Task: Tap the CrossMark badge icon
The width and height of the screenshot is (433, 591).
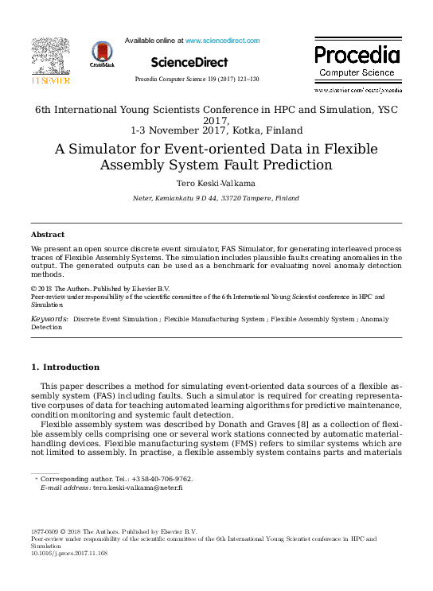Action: (x=103, y=55)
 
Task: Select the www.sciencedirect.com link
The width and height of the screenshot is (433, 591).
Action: (x=222, y=40)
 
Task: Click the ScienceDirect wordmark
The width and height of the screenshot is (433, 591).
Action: (x=189, y=62)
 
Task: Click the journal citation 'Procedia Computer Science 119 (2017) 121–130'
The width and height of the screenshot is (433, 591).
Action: (x=196, y=80)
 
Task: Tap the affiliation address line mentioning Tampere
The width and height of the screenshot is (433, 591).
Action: (x=216, y=197)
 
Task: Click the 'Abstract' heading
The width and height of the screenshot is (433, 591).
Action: (x=47, y=235)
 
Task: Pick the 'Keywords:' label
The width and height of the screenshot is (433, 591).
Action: (x=49, y=318)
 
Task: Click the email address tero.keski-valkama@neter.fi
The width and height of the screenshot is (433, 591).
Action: (x=138, y=488)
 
